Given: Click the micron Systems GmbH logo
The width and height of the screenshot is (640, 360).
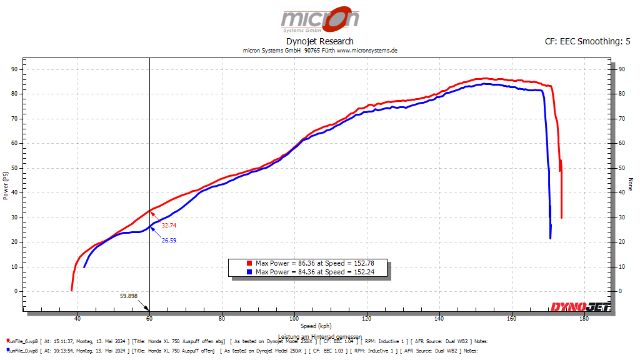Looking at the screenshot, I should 320,20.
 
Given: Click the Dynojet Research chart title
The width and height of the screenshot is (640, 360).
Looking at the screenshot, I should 320,41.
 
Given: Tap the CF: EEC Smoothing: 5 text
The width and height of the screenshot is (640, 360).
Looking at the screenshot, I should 587,41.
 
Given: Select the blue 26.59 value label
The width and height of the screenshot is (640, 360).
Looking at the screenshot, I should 169,239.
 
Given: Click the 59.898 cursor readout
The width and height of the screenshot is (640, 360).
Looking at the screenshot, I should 128,296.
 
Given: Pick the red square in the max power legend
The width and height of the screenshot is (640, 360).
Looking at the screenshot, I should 249,264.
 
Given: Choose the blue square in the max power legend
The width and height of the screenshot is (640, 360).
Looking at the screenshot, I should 249,272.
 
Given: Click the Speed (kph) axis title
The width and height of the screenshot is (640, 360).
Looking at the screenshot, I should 316,326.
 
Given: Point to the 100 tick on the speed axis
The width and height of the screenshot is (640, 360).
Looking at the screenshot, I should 294,319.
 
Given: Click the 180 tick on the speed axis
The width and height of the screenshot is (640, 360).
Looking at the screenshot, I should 584,319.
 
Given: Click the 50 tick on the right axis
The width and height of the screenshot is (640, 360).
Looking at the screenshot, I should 621,167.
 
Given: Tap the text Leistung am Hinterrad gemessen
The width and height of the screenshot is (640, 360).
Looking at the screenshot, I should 316,337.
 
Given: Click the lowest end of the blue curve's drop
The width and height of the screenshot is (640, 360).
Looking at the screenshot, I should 551,238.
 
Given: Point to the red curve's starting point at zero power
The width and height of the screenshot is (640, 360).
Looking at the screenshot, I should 72,290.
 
